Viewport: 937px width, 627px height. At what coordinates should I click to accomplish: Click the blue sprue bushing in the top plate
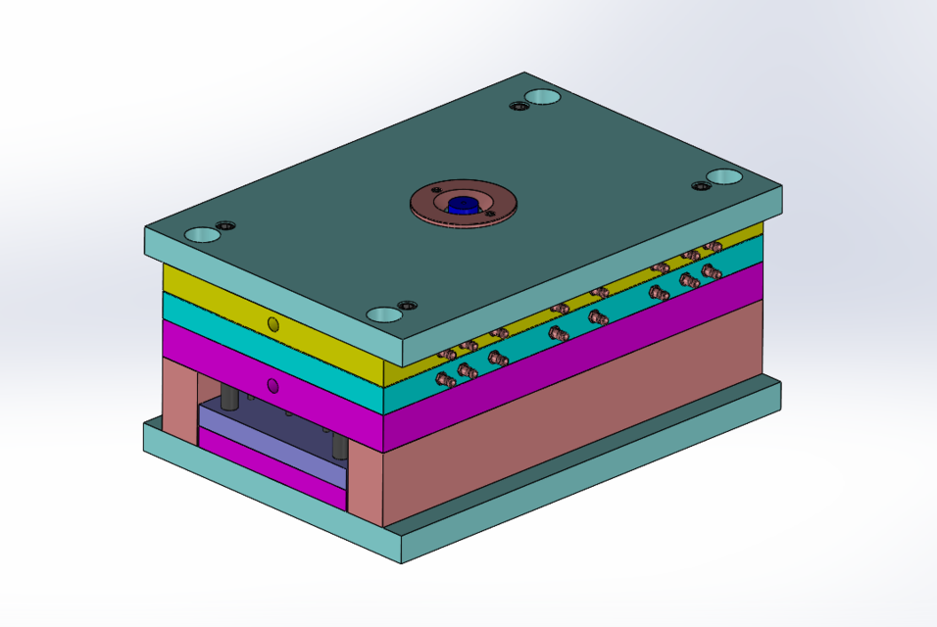462,204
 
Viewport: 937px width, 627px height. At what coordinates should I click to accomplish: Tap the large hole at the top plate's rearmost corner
542,97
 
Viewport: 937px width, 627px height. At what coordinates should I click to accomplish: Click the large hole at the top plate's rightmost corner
725,177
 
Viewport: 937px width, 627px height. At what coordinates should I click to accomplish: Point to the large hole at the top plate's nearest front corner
384,314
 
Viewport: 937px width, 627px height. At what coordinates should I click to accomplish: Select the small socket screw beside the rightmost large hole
700,186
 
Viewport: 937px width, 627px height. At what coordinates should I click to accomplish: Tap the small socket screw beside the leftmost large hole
226,226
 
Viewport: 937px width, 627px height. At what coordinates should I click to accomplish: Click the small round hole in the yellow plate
273,323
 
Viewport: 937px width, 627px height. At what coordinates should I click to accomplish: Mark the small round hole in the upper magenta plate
273,385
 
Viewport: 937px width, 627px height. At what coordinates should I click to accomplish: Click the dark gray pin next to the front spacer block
339,447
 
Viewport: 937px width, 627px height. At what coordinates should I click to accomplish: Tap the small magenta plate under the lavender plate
272,475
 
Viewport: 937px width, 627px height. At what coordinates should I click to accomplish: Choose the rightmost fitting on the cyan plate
712,271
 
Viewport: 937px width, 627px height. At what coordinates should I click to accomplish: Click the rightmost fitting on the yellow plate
714,247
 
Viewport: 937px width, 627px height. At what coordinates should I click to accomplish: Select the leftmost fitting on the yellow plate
446,354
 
